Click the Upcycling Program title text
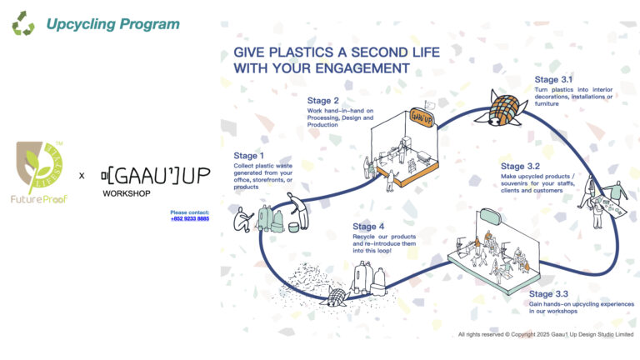113,24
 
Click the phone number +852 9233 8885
190,218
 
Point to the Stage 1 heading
252,155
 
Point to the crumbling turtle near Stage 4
334,296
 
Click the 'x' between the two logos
81,176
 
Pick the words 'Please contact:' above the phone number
190,212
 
